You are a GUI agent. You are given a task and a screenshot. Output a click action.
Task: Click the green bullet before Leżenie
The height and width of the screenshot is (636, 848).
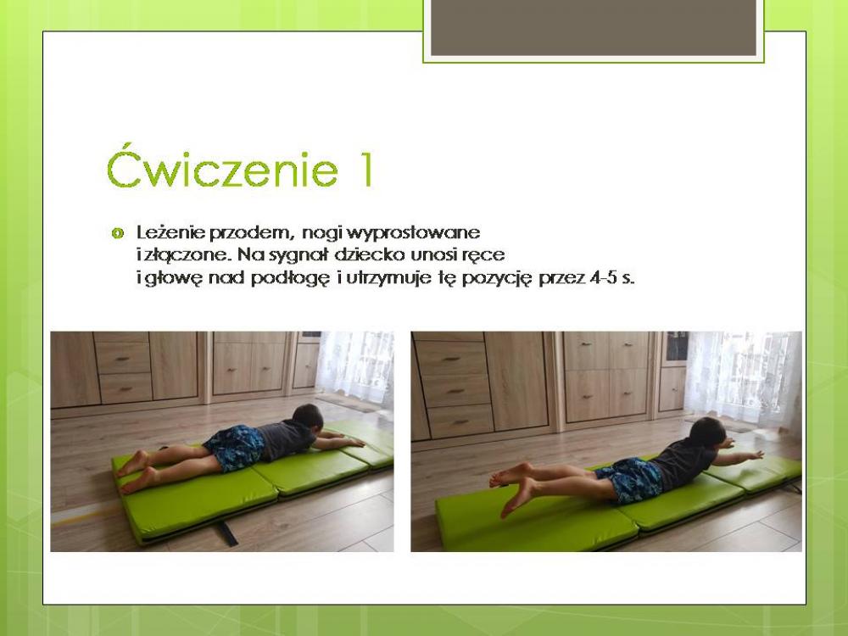coord(117,234)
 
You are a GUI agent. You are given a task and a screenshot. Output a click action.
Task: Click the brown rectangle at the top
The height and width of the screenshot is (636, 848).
coord(594,28)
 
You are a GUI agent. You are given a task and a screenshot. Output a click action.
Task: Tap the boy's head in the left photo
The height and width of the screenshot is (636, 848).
coord(307,418)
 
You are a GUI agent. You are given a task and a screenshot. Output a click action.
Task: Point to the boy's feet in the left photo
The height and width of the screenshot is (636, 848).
coord(135,471)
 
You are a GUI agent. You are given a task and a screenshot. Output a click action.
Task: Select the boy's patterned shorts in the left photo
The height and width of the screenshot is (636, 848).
coord(235,447)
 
